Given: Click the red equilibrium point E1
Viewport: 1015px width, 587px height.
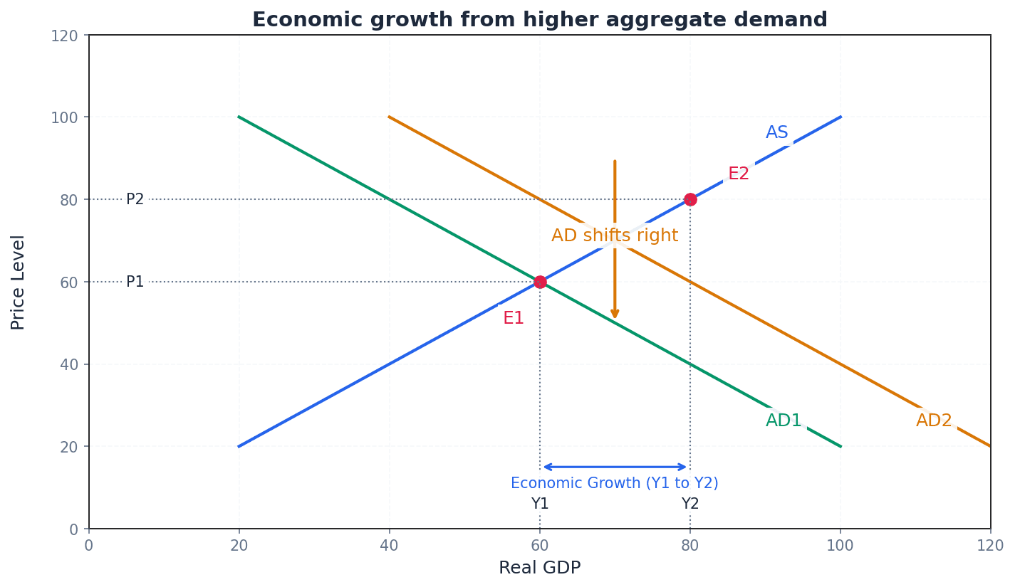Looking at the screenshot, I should (x=540, y=282).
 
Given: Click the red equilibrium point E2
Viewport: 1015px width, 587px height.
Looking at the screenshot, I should (x=690, y=199).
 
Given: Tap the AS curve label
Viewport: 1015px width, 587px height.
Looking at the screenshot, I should (x=776, y=133).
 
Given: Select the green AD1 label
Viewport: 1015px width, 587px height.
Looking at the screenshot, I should (x=784, y=421).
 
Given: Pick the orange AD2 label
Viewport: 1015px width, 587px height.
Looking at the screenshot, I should (x=934, y=421).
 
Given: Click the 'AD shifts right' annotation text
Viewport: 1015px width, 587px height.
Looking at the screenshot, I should (x=614, y=236).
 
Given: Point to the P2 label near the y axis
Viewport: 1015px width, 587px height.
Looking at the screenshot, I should (x=135, y=199).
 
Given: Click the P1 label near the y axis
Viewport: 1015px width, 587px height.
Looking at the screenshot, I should (x=135, y=282).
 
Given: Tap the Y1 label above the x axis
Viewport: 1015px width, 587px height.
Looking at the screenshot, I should (x=540, y=504).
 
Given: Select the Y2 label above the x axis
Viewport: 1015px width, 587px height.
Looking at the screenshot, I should (x=690, y=504).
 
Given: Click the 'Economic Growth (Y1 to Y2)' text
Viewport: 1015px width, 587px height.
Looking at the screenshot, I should (x=614, y=484).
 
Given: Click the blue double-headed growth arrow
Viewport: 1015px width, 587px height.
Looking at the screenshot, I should (x=615, y=467).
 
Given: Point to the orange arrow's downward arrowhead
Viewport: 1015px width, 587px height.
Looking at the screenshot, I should (x=615, y=314).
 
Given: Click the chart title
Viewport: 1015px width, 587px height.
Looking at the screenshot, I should (x=539, y=20).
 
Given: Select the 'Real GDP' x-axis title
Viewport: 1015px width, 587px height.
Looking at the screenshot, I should (x=539, y=568).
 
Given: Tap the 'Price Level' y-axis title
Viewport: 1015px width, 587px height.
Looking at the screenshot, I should (x=19, y=282).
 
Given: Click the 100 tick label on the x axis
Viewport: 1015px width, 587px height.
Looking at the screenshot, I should (x=840, y=546).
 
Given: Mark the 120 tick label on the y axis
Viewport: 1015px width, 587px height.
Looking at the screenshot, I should (x=63, y=35).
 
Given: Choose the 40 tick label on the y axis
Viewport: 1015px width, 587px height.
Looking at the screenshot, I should (x=68, y=364).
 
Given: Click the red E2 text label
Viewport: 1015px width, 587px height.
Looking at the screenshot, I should (x=739, y=174).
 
